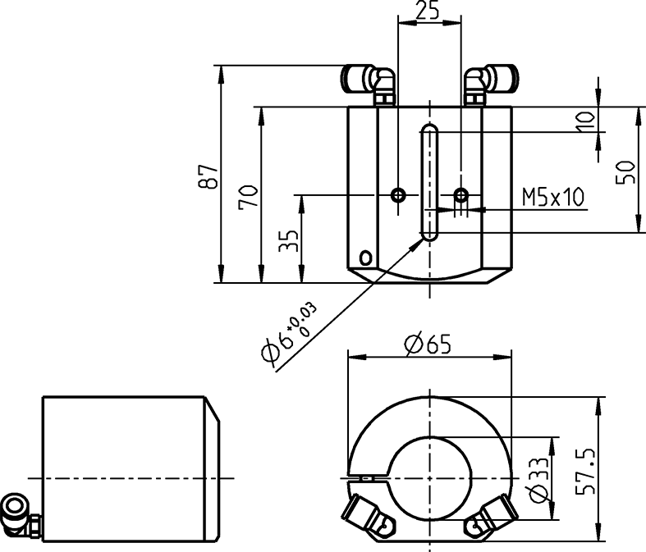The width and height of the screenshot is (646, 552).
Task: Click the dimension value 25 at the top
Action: coord(428,11)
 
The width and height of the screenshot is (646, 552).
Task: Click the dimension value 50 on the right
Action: coord(626,171)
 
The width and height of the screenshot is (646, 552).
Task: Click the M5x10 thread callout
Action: coord(552,197)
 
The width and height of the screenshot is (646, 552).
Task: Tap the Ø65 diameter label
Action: coord(428,344)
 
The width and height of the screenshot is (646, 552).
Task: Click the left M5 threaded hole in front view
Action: coord(398,194)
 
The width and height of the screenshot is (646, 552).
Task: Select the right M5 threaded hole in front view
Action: coord(461,194)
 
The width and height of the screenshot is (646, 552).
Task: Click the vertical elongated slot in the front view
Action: coord(429,182)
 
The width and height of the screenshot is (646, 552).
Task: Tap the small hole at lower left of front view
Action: coord(364,258)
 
